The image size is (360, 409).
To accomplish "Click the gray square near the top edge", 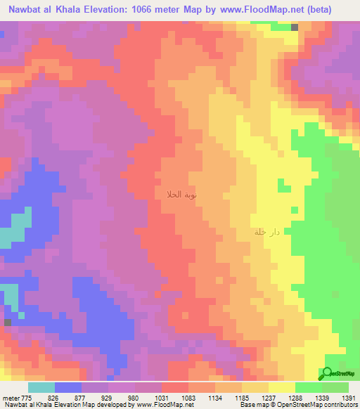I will click(x=295, y=27).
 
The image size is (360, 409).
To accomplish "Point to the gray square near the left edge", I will click(x=7, y=322).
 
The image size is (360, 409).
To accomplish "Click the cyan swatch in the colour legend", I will click(x=41, y=387).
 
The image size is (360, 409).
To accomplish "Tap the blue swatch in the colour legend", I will click(x=68, y=387).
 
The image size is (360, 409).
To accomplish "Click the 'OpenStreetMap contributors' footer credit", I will click(x=322, y=405).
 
